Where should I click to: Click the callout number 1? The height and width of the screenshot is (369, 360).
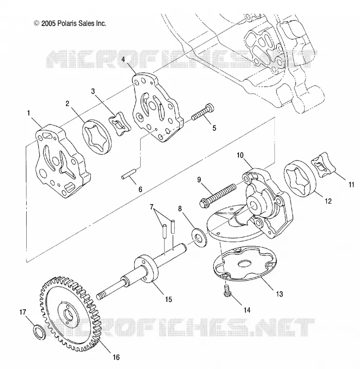point(29,113)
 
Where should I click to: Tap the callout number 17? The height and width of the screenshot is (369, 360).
point(23,312)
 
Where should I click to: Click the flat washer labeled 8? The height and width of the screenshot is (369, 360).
point(199,238)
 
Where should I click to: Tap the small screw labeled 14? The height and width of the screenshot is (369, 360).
point(227,291)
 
